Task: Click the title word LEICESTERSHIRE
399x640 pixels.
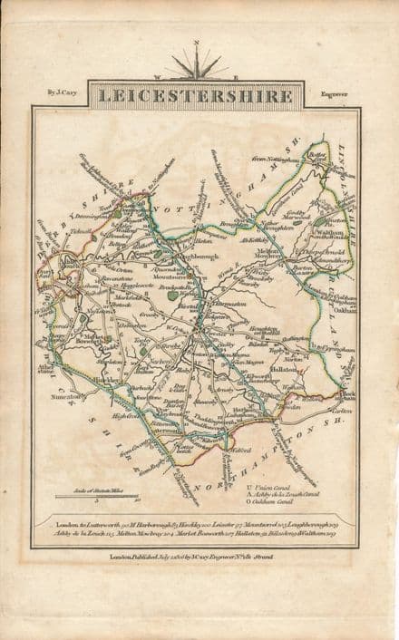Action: (194, 94)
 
